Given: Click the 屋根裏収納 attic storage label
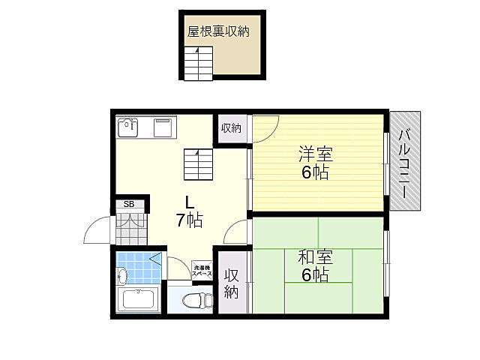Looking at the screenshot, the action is (x=218, y=31).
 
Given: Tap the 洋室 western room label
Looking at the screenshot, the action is (x=316, y=154).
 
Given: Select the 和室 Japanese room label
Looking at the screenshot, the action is (x=315, y=257).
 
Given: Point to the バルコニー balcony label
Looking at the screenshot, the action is (x=405, y=163).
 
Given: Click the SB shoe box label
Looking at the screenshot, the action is (x=129, y=204).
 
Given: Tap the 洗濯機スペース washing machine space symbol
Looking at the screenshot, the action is (x=202, y=270).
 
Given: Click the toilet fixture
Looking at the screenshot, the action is (x=197, y=300).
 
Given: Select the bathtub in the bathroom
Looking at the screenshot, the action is (x=138, y=299).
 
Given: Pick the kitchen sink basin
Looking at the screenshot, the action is (x=128, y=127).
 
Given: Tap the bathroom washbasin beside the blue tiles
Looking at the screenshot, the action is (x=122, y=276).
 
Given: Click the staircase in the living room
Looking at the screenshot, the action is (x=198, y=164).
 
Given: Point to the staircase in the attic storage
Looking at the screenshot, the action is (x=198, y=64).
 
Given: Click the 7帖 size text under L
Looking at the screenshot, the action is (x=190, y=220).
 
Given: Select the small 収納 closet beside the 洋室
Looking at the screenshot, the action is (x=232, y=128).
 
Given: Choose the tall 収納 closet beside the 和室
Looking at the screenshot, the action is (x=232, y=282).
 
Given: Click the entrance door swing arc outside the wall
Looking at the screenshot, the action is (x=91, y=225).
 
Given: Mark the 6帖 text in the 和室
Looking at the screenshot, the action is (x=315, y=274).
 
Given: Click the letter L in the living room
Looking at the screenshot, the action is (x=189, y=202).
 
